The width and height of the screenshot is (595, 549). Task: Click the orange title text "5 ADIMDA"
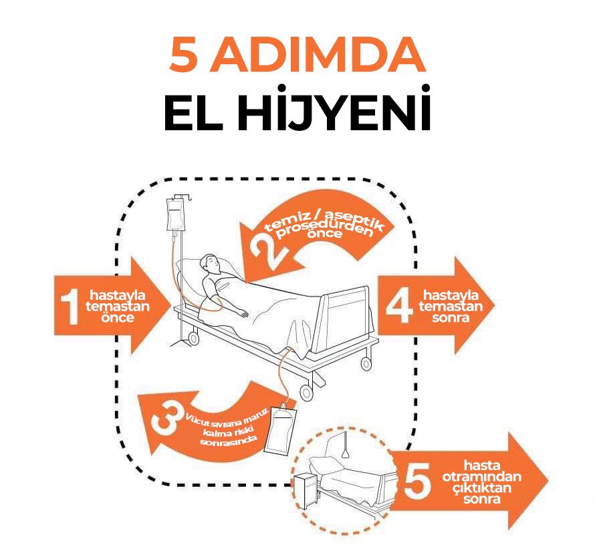tap(297, 56)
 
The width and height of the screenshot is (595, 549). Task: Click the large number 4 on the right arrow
tap(399, 305)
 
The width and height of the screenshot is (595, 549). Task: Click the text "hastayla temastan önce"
tap(120, 307)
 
